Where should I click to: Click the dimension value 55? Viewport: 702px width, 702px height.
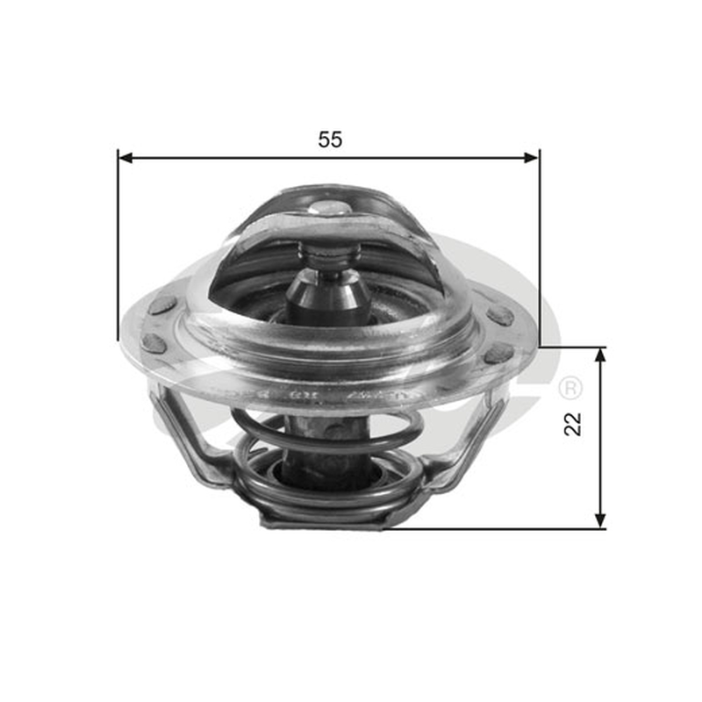(330, 140)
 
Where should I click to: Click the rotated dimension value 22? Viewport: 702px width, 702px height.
(573, 424)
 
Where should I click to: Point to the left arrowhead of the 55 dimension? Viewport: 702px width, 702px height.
(126, 158)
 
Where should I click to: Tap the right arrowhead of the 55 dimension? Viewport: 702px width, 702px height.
(531, 158)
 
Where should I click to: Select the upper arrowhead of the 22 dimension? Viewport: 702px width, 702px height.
(600, 355)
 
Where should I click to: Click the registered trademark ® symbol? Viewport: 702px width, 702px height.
(571, 388)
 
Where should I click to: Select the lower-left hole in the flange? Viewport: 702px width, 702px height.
(154, 342)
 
